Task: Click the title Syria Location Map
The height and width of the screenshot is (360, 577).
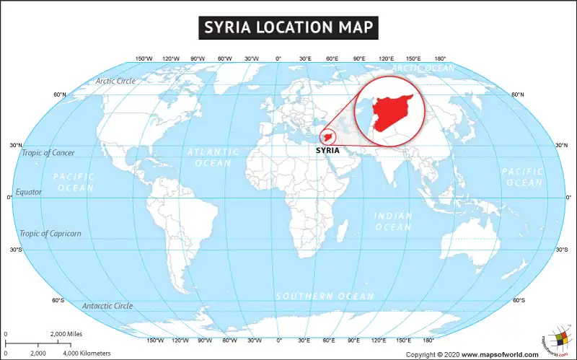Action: click(x=288, y=27)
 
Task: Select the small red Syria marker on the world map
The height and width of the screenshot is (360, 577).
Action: click(x=329, y=137)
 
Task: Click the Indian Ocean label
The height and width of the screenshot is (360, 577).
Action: click(x=392, y=221)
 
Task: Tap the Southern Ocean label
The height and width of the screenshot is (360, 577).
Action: click(x=326, y=297)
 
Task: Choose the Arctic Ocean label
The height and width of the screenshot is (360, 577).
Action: click(x=423, y=69)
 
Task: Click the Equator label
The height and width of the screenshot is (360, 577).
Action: click(x=28, y=193)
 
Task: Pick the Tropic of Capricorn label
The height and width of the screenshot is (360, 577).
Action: click(x=50, y=234)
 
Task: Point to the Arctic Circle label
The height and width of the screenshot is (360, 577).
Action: click(x=115, y=81)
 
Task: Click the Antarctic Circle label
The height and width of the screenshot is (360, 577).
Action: click(x=107, y=306)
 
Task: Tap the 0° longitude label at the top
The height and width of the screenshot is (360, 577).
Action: click(x=278, y=58)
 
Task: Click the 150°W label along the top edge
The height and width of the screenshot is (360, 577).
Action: click(x=144, y=58)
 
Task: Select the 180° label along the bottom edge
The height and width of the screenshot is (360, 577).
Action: click(x=428, y=340)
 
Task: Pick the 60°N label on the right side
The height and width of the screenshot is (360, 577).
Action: click(x=517, y=95)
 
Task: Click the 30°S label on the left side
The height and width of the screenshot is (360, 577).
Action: click(x=15, y=250)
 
